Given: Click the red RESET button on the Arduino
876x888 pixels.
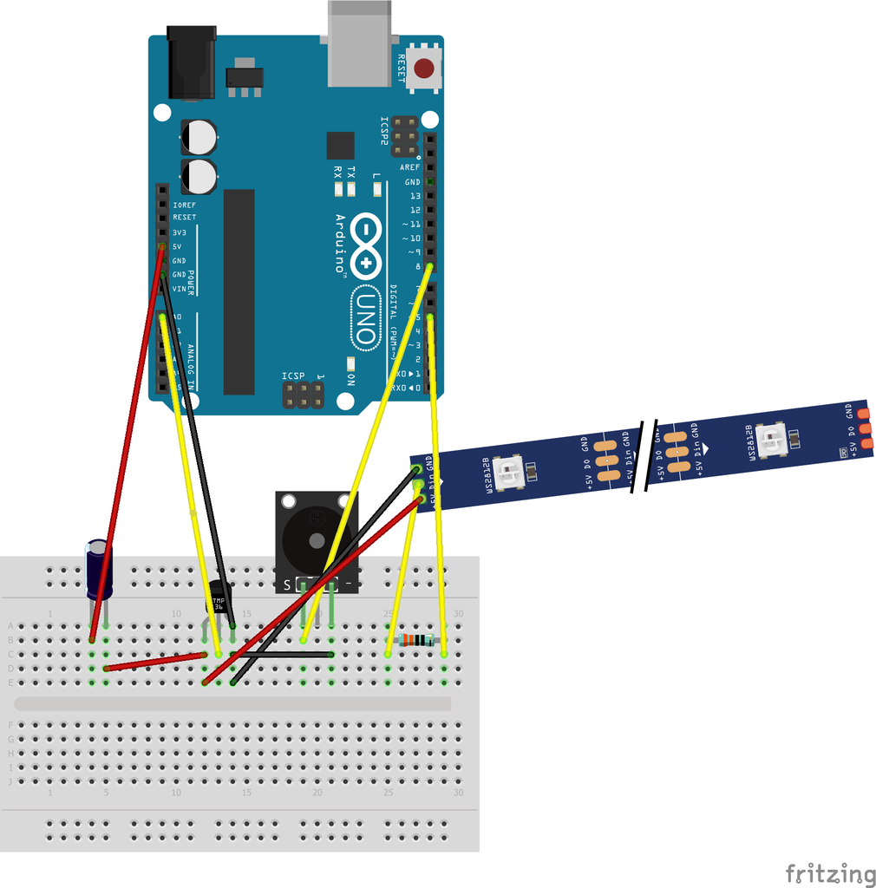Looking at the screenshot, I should tap(425, 69).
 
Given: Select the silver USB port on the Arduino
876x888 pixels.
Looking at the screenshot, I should tap(359, 43).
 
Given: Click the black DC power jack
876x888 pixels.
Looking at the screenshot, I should tap(191, 62).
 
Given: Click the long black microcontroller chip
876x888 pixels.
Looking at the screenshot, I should tap(239, 291).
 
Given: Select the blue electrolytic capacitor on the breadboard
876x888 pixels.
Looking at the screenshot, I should tap(98, 568).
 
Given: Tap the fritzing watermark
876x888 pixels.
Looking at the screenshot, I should tap(830, 872).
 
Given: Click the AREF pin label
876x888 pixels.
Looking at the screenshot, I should tap(409, 167).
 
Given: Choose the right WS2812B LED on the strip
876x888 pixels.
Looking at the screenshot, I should tap(770, 440).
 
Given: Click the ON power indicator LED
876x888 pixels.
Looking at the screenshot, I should tap(350, 363).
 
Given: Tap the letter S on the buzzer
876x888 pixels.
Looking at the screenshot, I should tap(287, 585).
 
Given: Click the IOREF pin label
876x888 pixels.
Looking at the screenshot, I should tap(184, 205).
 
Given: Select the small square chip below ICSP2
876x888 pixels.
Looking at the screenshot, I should tap(341, 145).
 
